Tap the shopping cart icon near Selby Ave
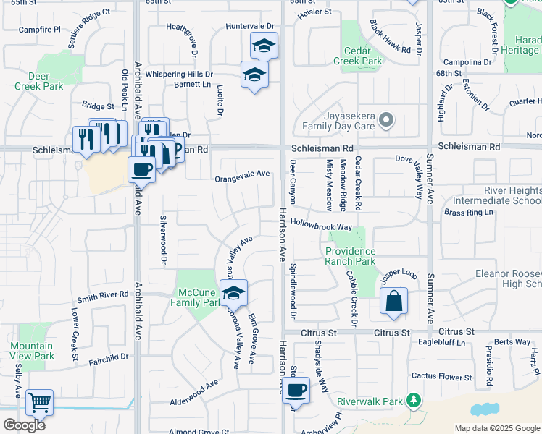tap(39, 402)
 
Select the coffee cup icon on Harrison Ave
tap(296, 391)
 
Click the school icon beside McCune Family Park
tap(233, 294)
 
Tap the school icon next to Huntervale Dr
tap(264, 47)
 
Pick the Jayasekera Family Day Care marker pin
tap(387, 120)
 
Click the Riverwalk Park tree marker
tap(413, 400)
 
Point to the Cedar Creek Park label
tap(357, 56)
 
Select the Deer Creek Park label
tap(38, 80)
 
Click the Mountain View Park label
tap(32, 351)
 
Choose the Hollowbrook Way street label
tap(321, 226)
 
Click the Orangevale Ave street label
tap(242, 174)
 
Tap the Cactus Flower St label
tap(441, 375)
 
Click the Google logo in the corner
tap(24, 425)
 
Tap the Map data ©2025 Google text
tap(496, 428)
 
